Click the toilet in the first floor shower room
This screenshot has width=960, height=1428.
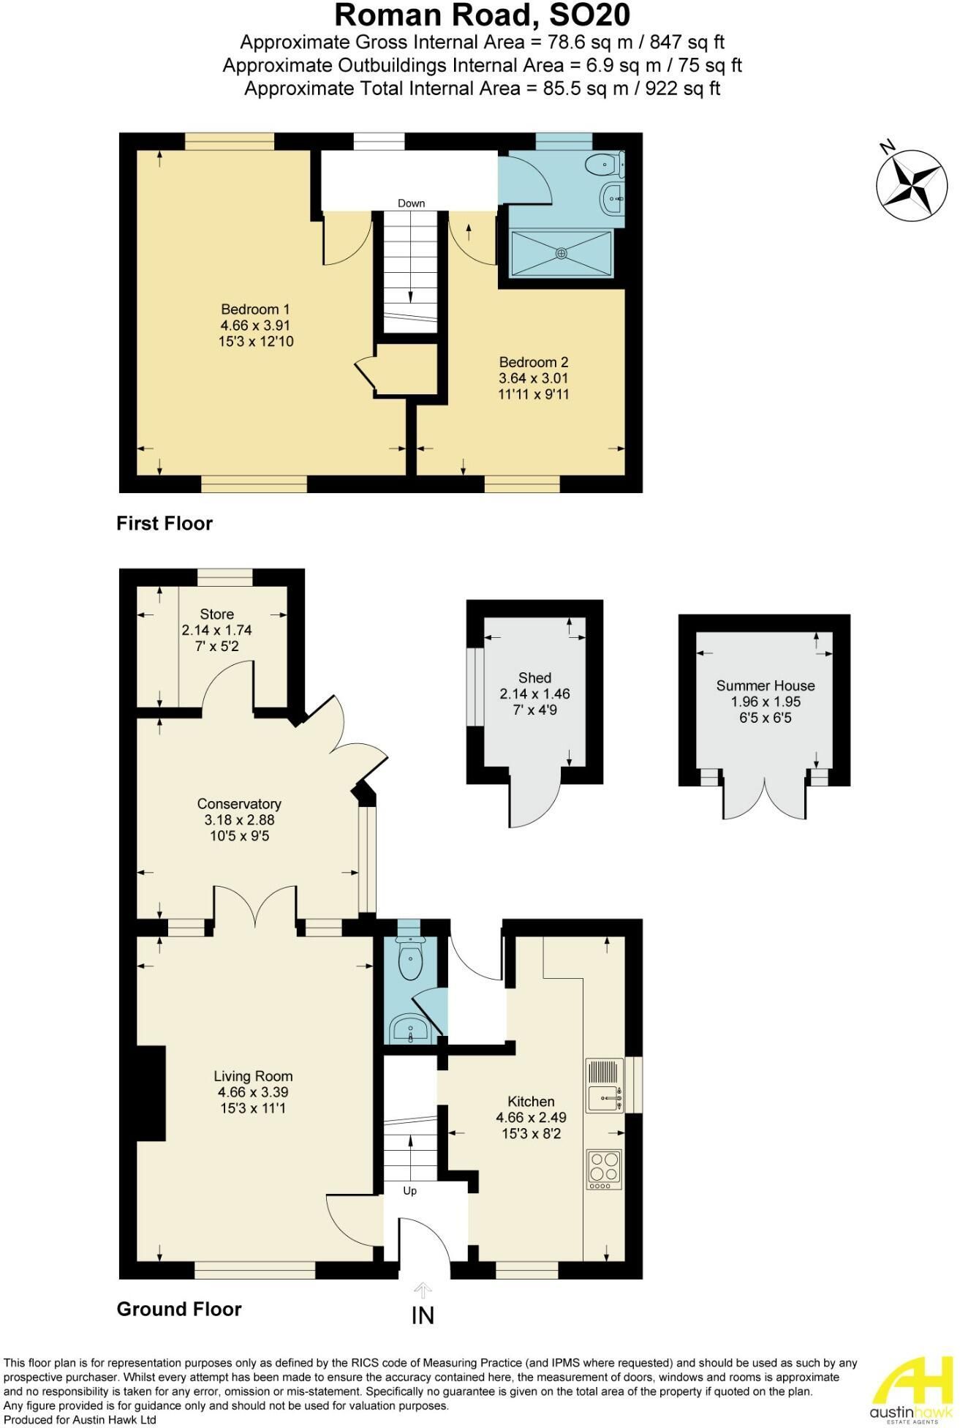[606, 165]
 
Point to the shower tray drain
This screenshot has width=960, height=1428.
[562, 253]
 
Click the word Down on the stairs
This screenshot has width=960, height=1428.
[412, 203]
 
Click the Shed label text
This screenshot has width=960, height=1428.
[535, 678]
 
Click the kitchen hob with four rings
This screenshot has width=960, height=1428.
[604, 1169]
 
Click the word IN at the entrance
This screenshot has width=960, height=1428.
[423, 1316]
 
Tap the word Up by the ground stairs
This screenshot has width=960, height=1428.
[410, 1191]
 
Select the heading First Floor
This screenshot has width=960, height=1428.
[165, 524]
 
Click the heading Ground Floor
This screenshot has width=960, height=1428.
[179, 1309]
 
